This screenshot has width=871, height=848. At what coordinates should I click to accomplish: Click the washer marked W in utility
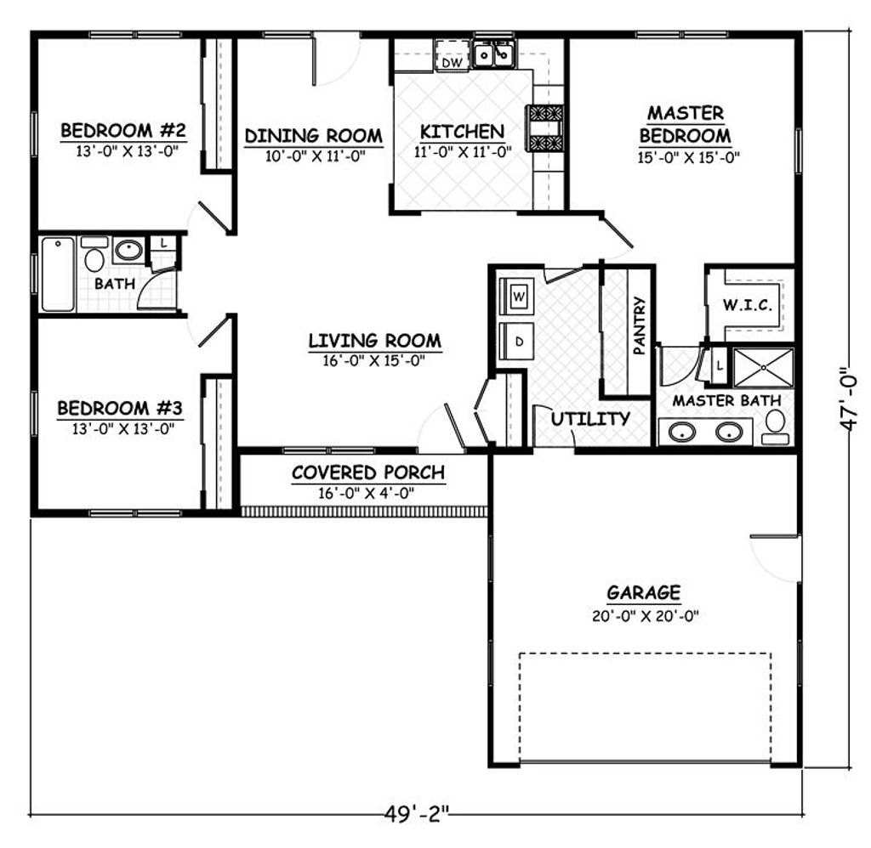coord(519,297)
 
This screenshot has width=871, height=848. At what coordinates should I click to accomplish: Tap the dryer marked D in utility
coord(519,342)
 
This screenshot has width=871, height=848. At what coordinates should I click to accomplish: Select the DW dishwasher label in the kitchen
coord(453,62)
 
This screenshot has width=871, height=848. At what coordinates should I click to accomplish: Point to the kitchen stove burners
coord(546,128)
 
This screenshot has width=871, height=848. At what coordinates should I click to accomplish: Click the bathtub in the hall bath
coord(58,274)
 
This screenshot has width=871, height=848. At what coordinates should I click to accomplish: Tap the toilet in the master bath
coord(775,427)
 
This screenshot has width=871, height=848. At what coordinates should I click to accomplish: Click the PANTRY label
coord(640,325)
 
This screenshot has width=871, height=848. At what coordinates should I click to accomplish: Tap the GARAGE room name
coord(643,592)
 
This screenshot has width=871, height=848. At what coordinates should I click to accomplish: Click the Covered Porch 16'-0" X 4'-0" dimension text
coord(368,493)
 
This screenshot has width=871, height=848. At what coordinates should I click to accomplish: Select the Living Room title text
coord(374,342)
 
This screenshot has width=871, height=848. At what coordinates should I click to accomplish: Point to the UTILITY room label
coord(590,419)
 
